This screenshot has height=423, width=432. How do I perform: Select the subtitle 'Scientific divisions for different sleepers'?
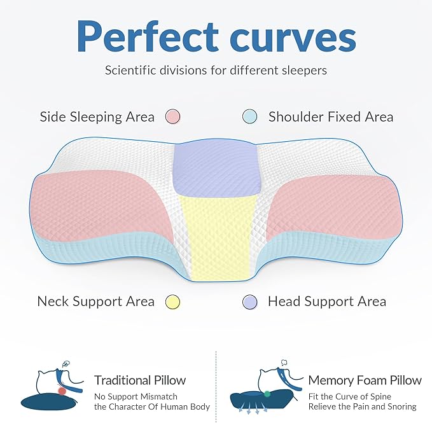[x=216, y=70]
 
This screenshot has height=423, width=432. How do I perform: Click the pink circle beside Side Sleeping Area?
[x=172, y=116]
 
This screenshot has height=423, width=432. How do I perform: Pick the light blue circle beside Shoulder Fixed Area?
[x=249, y=116]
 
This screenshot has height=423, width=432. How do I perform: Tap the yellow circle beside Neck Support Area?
[x=172, y=302]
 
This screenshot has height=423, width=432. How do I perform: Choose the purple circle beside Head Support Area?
[x=249, y=302]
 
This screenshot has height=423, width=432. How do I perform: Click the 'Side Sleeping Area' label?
[x=97, y=117]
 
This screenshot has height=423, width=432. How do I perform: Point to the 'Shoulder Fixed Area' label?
[x=331, y=117]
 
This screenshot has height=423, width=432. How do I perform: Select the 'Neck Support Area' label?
[x=95, y=302]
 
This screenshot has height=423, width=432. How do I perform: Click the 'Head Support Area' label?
[x=327, y=302]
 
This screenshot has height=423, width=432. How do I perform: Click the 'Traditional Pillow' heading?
[x=140, y=380]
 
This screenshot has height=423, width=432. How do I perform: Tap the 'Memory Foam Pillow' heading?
[x=365, y=380]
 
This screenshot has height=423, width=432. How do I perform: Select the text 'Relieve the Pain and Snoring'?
[x=363, y=406]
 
